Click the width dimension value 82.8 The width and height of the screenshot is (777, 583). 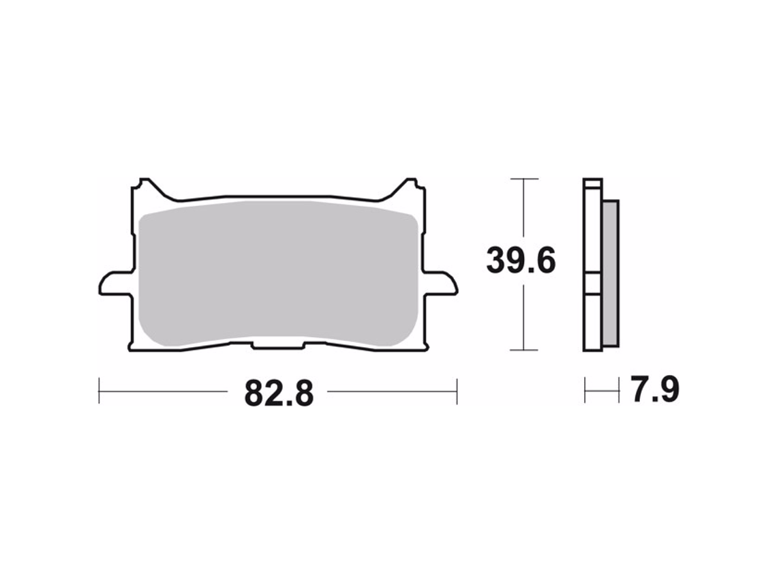(x=279, y=393)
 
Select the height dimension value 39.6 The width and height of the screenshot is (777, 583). (x=521, y=261)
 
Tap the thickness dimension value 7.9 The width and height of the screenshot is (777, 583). (x=654, y=391)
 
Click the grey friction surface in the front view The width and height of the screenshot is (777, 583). (x=276, y=273)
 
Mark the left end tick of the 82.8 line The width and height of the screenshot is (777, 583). (x=100, y=391)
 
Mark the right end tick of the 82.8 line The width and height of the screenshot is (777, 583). (x=457, y=391)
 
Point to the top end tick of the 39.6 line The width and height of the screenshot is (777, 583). (x=523, y=179)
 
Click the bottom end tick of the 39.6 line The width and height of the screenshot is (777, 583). (x=523, y=350)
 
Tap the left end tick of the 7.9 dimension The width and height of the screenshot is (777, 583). (x=585, y=391)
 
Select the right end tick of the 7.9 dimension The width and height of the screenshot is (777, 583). (x=619, y=391)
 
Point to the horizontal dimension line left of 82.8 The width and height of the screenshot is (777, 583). (x=164, y=391)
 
